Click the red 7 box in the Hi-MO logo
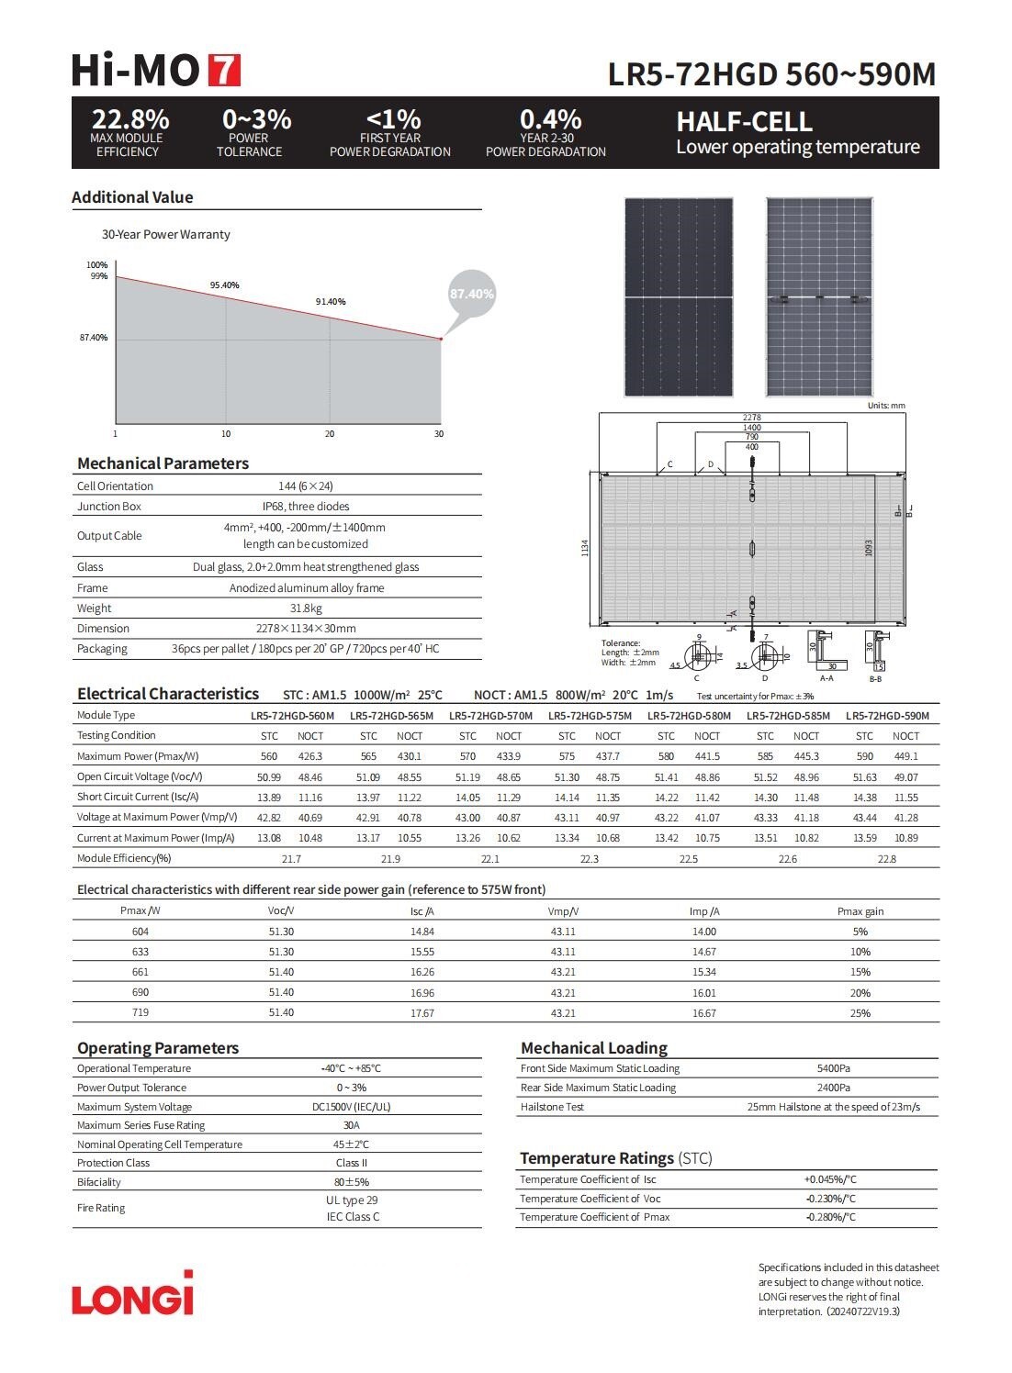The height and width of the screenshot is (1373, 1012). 224,71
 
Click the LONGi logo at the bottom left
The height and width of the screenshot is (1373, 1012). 133,1294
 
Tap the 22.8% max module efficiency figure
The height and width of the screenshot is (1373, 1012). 130,119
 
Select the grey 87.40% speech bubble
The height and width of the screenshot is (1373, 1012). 471,294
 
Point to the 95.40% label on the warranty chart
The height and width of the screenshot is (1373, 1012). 224,285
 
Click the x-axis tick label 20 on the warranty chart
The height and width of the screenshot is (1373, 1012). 330,434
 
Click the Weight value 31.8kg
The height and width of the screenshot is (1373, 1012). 306,608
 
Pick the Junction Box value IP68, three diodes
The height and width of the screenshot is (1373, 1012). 306,507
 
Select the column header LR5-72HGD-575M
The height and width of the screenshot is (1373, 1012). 590,716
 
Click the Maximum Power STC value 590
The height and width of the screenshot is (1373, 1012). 864,756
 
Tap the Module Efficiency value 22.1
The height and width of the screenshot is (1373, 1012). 490,859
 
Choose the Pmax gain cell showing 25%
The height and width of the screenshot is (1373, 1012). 860,1013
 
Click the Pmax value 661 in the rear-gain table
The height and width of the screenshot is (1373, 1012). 141,972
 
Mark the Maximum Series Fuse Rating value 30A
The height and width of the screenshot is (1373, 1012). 351,1125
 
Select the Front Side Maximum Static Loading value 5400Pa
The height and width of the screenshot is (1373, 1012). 833,1068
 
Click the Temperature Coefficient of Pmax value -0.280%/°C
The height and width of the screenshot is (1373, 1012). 830,1217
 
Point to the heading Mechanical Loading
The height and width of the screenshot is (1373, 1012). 593,1048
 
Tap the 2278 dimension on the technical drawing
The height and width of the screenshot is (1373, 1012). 751,418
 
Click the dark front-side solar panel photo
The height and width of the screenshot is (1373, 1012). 679,297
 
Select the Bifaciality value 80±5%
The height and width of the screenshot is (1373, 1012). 351,1182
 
